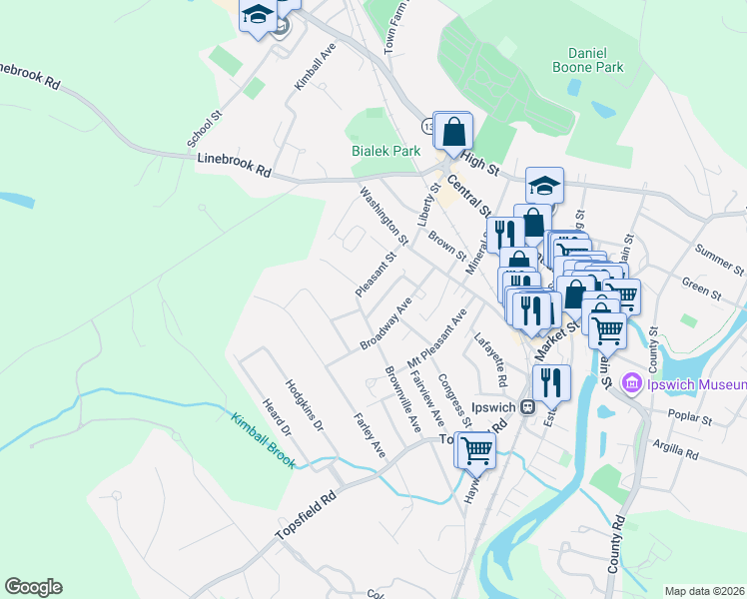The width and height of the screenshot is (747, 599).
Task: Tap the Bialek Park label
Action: tap(381, 151)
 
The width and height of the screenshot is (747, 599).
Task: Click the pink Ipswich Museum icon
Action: tap(631, 383)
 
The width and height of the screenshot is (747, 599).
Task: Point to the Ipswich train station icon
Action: tap(527, 407)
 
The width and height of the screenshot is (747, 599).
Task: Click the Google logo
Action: tap(33, 587)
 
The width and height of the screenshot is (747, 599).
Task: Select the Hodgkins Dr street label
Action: tap(305, 405)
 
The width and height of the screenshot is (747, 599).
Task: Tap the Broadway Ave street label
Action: tap(386, 322)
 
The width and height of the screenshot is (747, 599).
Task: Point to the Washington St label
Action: tap(384, 216)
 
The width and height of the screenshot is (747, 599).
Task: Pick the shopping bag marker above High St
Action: tap(453, 131)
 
